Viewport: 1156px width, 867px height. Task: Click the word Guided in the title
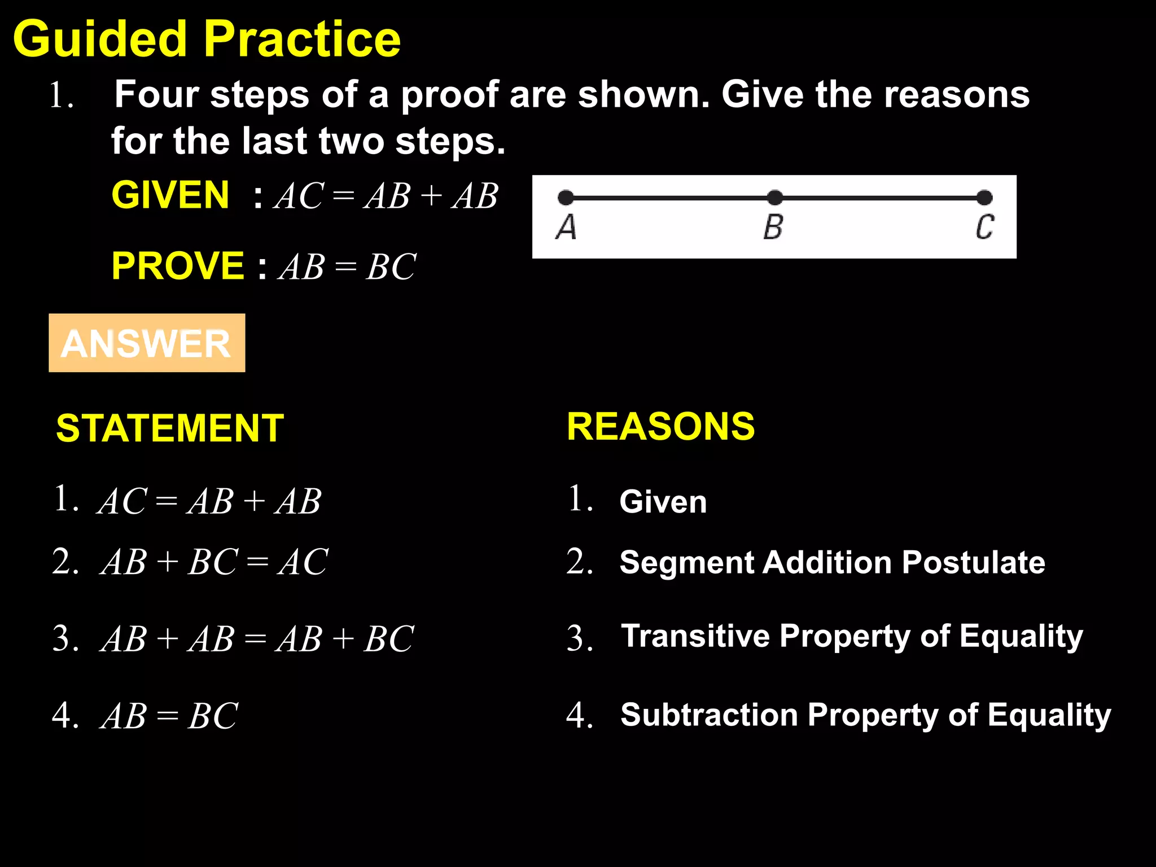pyautogui.click(x=99, y=40)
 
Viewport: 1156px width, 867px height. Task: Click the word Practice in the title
pyautogui.click(x=302, y=40)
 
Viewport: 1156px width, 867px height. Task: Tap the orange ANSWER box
pyautogui.click(x=147, y=343)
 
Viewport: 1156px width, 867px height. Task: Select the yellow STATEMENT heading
pyautogui.click(x=170, y=428)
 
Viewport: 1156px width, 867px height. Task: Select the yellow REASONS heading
pyautogui.click(x=660, y=426)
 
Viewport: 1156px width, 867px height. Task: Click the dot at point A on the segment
pyautogui.click(x=566, y=198)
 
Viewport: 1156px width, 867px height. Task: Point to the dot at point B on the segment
pyautogui.click(x=775, y=198)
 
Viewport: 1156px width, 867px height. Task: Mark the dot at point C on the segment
pyautogui.click(x=984, y=198)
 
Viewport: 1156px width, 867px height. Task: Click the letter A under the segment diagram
pyautogui.click(x=566, y=227)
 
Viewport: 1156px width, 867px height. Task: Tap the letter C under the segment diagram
pyautogui.click(x=985, y=227)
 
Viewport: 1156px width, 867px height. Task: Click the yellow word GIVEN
pyautogui.click(x=170, y=195)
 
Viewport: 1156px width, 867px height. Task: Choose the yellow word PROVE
pyautogui.click(x=178, y=266)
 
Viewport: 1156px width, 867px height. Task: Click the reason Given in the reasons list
pyautogui.click(x=663, y=501)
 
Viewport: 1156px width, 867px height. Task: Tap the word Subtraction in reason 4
pyautogui.click(x=709, y=715)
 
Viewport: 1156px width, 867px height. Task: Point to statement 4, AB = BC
pyautogui.click(x=169, y=716)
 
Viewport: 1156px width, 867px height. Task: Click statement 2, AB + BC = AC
pyautogui.click(x=214, y=562)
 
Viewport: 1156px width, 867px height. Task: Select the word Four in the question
pyautogui.click(x=156, y=94)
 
